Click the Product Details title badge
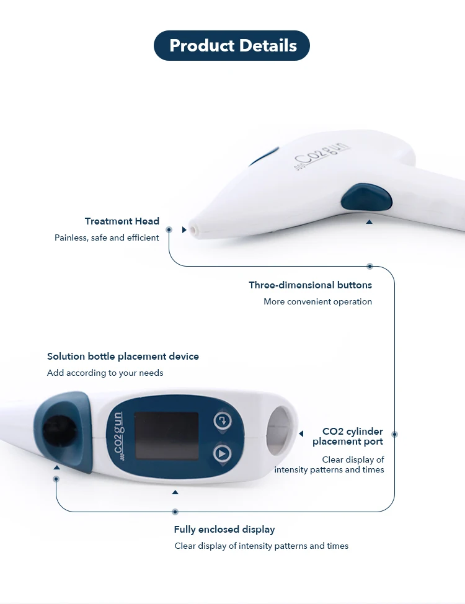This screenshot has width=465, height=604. coord(232,45)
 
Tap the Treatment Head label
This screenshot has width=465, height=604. coord(122,221)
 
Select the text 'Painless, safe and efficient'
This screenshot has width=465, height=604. coord(107,238)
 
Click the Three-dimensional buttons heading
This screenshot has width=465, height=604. coord(310,285)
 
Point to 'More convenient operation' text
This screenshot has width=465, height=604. coord(317,302)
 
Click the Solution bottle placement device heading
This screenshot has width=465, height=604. coord(123,357)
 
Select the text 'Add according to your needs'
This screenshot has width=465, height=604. coord(105,373)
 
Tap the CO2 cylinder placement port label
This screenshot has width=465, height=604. coord(348,437)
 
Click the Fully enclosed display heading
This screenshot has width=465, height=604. coord(224,530)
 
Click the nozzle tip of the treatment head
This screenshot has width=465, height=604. coord(193,229)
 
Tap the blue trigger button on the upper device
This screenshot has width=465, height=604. coord(366,198)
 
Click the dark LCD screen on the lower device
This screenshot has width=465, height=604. coord(166,436)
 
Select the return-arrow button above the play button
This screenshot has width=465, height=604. coord(222,421)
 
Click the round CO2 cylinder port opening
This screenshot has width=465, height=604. coord(281,428)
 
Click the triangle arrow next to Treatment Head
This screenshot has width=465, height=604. coord(184,229)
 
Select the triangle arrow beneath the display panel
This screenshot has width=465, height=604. coord(175,492)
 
